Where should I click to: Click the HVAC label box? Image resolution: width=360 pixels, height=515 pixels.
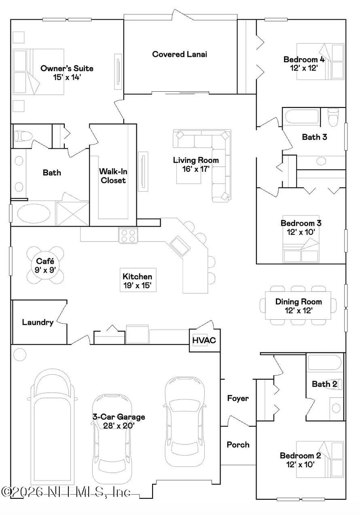[204, 340]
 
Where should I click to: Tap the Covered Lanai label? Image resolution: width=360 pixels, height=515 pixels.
[180, 54]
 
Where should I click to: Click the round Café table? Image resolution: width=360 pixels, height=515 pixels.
[45, 265]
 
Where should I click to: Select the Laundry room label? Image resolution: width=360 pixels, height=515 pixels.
[38, 322]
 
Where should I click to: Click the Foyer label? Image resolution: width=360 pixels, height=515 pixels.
[238, 398]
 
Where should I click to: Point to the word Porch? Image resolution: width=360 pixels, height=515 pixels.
[238, 444]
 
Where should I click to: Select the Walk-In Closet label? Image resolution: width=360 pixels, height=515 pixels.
[112, 176]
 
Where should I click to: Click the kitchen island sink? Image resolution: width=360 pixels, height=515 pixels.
[180, 246]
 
